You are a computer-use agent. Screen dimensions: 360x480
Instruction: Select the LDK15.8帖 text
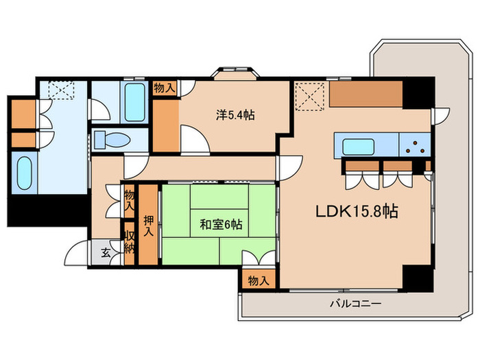[x=357, y=212]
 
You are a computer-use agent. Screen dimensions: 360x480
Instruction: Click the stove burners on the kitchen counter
[x=414, y=146]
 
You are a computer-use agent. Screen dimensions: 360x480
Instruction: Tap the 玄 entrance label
[x=106, y=252]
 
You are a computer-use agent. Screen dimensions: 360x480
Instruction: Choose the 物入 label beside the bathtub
[x=164, y=88]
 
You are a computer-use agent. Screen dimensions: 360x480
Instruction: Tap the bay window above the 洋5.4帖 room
[x=237, y=73]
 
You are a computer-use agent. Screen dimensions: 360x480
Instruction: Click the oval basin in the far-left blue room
[x=24, y=173]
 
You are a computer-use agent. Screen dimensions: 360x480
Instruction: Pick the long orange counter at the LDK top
[x=365, y=95]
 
